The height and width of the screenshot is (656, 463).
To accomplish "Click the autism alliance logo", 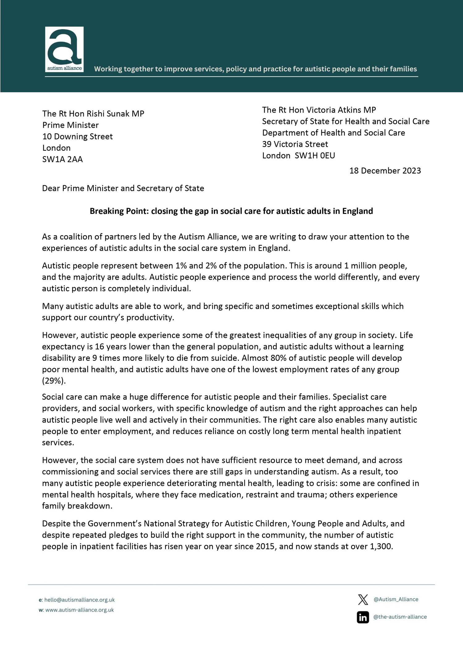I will coord(64,49).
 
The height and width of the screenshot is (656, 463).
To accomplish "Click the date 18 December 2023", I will coord(385,171).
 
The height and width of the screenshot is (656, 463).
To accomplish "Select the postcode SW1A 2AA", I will coord(63,160).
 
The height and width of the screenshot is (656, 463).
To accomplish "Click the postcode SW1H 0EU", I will coord(315,155).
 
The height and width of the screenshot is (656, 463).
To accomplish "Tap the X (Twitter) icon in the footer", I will coord(363,599).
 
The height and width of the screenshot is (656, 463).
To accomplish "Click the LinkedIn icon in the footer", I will coord(363,617).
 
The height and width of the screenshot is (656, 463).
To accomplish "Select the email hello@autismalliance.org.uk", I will coord(79,600).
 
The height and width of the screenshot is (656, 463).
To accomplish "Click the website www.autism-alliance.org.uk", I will coord(79,610).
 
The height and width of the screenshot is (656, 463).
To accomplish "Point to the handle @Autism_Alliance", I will coord(396,599).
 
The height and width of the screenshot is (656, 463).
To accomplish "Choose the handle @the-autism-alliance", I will coord(400,617).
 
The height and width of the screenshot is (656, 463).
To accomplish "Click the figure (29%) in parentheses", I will coord(54,381).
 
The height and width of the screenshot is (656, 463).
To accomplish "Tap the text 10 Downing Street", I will coord(77,137).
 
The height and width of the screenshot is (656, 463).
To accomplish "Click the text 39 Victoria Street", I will coord(295,144).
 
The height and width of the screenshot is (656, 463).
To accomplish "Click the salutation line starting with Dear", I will coord(123,188).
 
